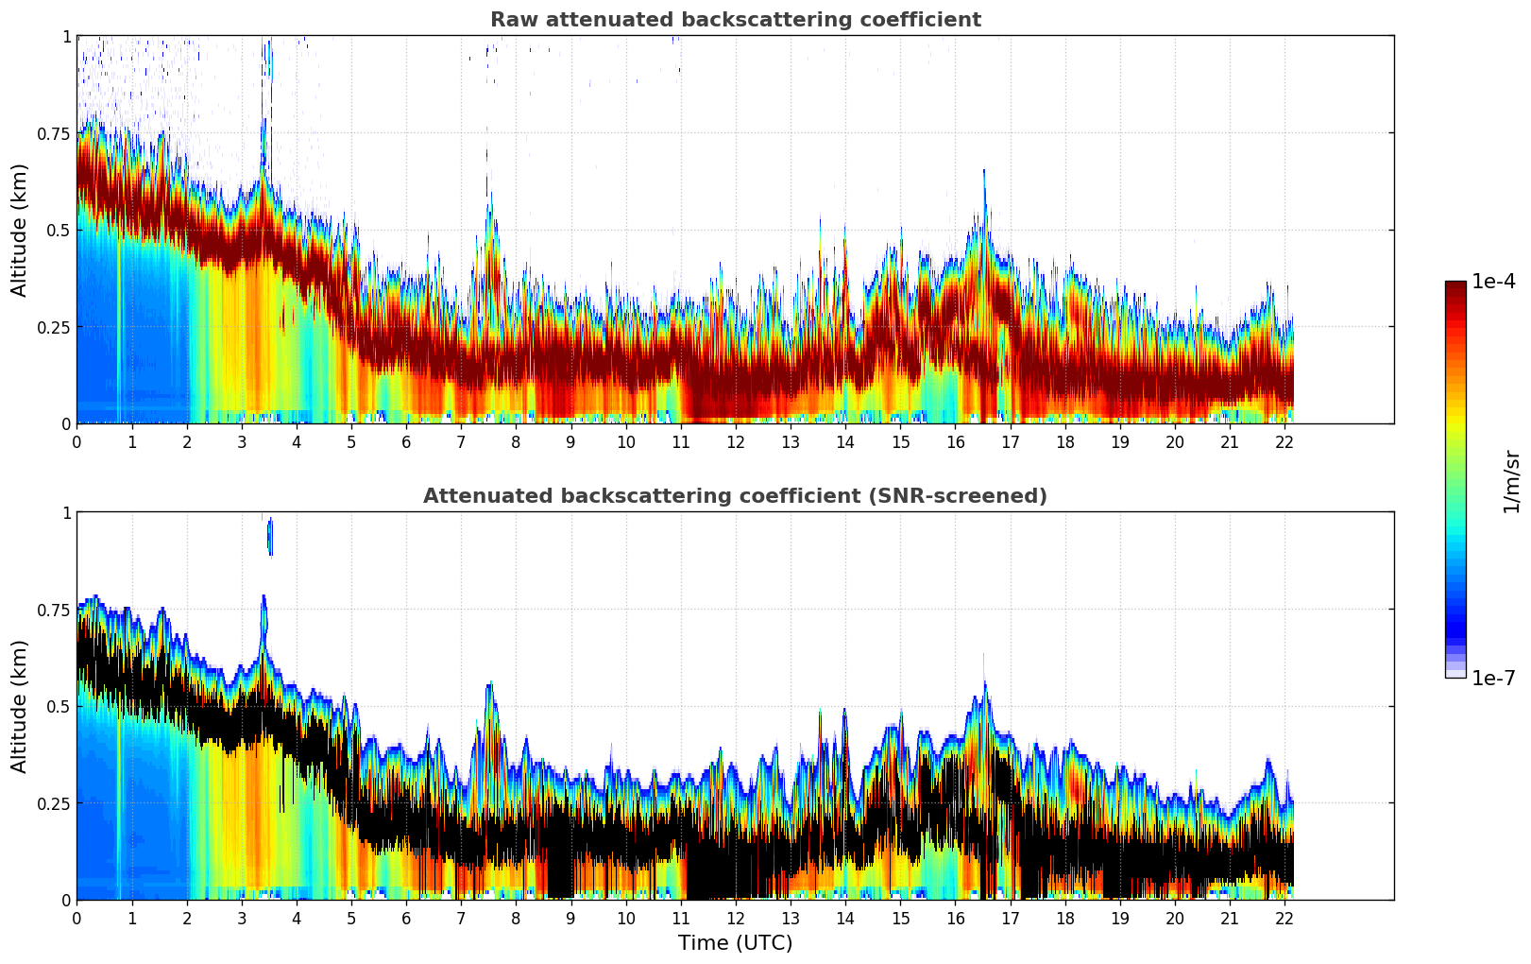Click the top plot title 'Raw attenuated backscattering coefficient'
click(735, 20)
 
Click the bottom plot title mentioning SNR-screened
click(735, 496)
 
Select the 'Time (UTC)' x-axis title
click(735, 943)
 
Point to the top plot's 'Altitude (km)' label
click(20, 230)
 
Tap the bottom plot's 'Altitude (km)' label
click(20, 706)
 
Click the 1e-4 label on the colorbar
click(1493, 282)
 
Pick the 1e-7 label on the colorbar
click(1493, 678)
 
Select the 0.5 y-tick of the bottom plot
click(59, 707)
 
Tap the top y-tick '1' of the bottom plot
click(66, 513)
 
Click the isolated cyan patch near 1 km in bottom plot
click(270, 537)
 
